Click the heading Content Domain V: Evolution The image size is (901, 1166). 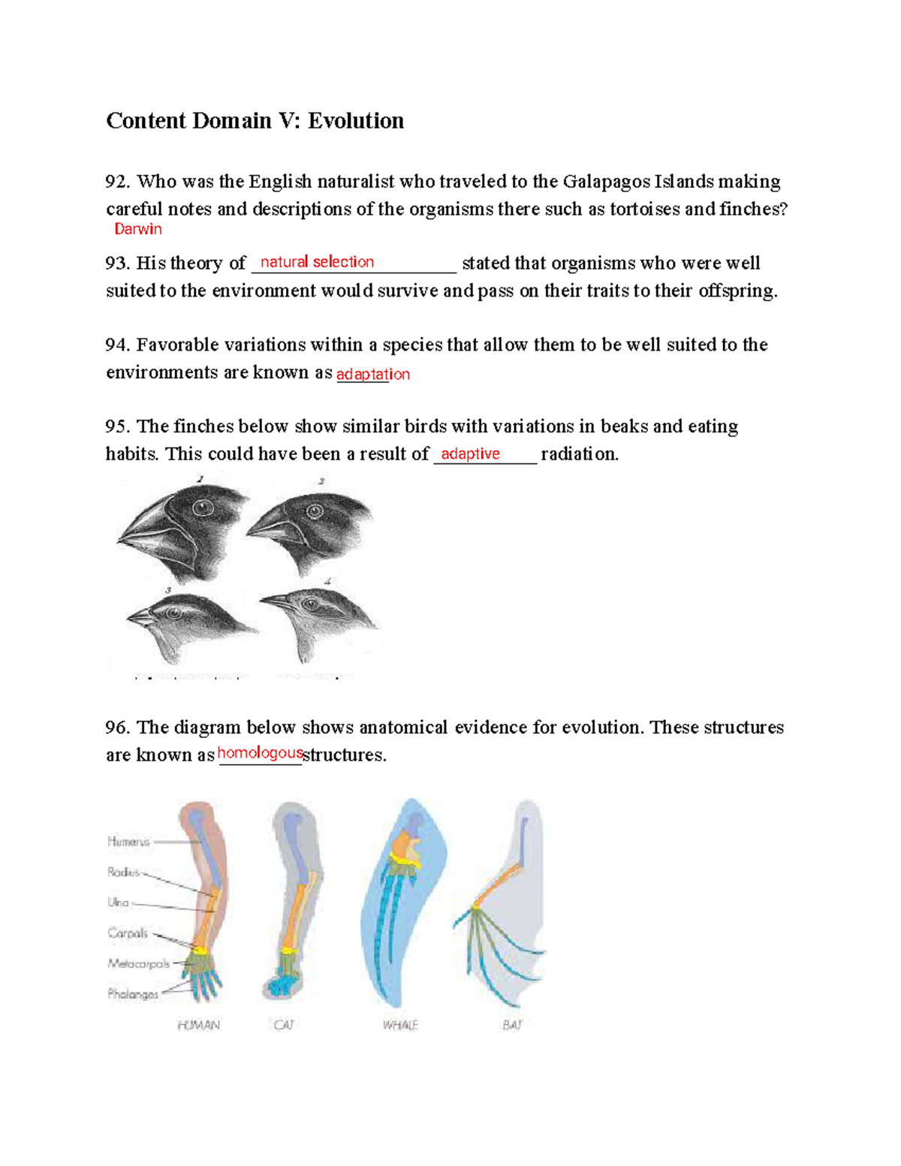[x=255, y=121]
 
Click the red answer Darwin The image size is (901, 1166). [x=137, y=230]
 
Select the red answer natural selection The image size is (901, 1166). [x=317, y=262]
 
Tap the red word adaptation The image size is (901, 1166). [x=372, y=374]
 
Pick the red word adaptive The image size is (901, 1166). [x=470, y=453]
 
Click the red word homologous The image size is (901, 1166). [x=260, y=753]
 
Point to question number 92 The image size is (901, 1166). [x=118, y=182]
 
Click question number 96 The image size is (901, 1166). [x=118, y=728]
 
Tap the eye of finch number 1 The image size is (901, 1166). [x=200, y=509]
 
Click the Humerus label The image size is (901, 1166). [x=128, y=842]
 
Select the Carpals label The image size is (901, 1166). [x=128, y=933]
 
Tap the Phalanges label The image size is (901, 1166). [x=132, y=994]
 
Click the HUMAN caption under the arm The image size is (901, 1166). [x=198, y=1025]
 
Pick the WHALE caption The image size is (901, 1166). [x=399, y=1025]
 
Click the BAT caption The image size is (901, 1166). [x=512, y=1025]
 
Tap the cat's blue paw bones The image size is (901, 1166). [x=282, y=986]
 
